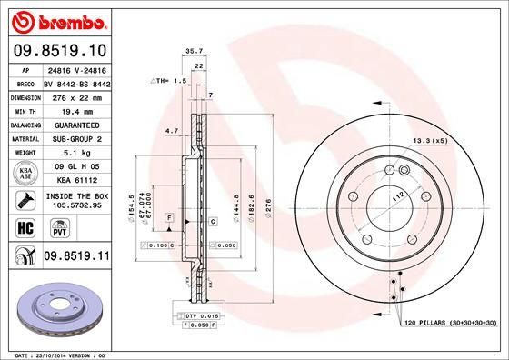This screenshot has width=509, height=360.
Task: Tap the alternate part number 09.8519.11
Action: [76, 258]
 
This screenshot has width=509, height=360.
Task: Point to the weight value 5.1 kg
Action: [76, 153]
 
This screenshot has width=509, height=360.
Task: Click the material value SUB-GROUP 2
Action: [76, 138]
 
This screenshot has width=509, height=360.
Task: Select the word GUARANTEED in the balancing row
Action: [76, 125]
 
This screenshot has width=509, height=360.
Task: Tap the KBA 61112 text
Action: [76, 182]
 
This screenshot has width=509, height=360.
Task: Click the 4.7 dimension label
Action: [172, 131]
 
